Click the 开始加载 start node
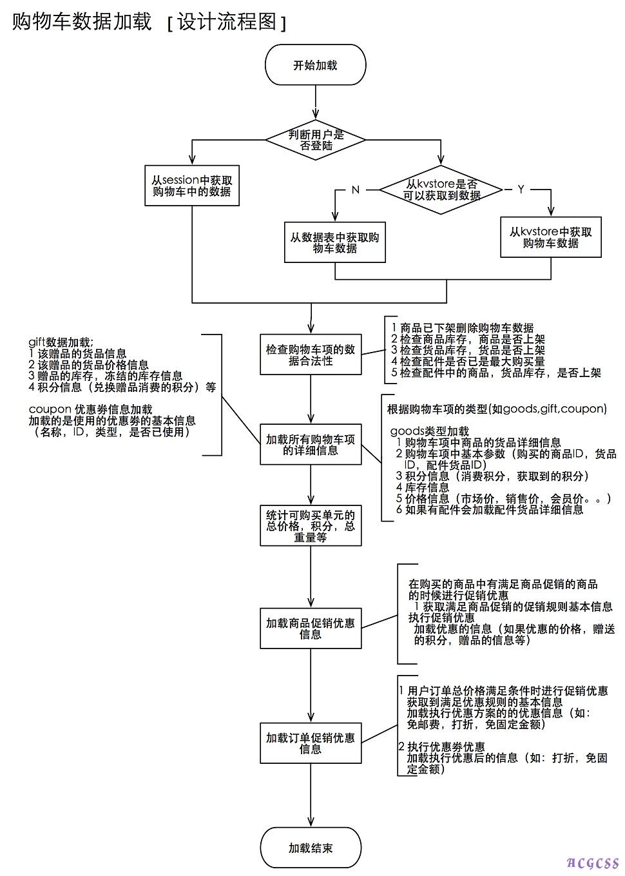[315, 65]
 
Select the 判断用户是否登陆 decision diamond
[316, 140]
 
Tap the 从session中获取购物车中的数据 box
[191, 186]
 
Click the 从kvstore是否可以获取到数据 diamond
[441, 190]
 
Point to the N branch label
[355, 190]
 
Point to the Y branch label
[521, 189]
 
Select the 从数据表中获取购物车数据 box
[334, 242]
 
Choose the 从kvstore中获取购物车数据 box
[550, 237]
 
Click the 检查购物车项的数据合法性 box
[311, 355]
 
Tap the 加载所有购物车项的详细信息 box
[311, 444]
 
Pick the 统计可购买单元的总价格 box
[311, 525]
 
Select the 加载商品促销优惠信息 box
[311, 628]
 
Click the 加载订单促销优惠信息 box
[311, 743]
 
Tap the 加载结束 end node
[311, 848]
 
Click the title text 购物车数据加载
[82, 22]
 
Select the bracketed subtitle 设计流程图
[226, 23]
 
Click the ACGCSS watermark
[593, 863]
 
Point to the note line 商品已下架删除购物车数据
[463, 328]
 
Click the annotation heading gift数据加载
[61, 342]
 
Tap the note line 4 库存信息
[423, 487]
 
